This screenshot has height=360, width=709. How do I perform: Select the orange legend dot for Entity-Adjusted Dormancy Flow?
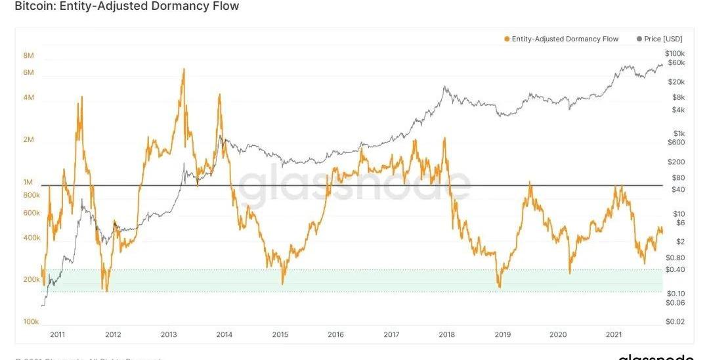pos(507,39)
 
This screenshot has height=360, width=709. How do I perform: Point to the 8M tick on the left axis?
pos(28,55)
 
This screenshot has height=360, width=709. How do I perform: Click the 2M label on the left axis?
pos(28,140)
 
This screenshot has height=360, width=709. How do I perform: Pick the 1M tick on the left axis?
pos(28,182)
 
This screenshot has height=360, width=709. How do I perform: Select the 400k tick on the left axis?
pos(31,237)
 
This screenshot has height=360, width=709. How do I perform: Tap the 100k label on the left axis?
pos(31,321)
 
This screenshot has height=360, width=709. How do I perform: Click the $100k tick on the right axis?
pos(675,53)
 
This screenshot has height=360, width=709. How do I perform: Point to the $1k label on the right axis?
pos(676,133)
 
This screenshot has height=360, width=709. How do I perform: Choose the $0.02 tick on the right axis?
pos(676,321)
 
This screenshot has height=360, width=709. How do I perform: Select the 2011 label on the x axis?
pos(57,335)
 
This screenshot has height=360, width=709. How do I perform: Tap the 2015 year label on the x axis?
pos(280,335)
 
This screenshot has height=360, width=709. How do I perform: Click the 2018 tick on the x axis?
pos(447,335)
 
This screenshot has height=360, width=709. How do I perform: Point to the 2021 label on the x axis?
pos(614,335)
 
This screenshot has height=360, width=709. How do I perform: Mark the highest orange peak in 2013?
pos(184,69)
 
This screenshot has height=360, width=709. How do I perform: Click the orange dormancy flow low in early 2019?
pos(500,286)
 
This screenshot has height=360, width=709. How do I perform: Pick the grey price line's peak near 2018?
pos(445,86)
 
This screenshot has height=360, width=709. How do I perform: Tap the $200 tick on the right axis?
pos(676,162)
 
